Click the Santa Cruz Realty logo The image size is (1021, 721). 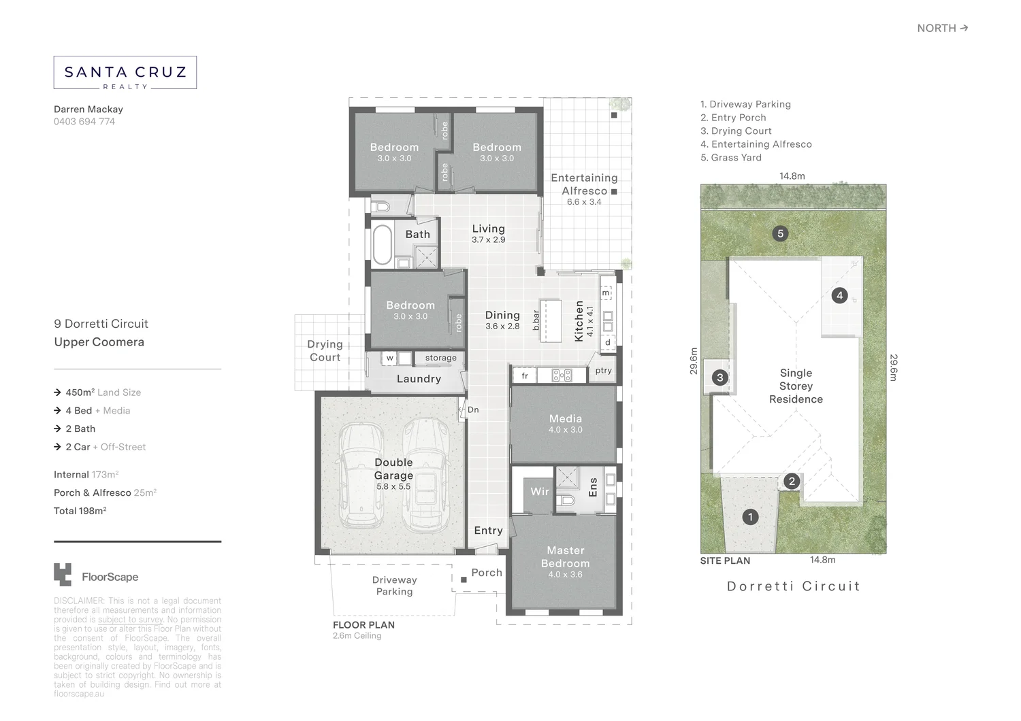click(125, 73)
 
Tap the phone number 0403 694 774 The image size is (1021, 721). click(84, 122)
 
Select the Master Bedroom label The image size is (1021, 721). click(565, 557)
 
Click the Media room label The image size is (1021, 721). click(565, 419)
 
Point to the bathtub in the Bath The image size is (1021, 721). click(382, 244)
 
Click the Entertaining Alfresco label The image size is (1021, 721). click(584, 184)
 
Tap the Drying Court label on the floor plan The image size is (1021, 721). click(325, 351)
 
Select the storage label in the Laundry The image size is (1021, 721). click(440, 358)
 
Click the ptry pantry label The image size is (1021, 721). click(603, 371)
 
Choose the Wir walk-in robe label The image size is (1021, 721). click(539, 491)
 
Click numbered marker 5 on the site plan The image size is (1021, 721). click(780, 234)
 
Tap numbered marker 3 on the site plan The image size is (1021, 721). click(719, 378)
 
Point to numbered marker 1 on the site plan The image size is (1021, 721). click(750, 517)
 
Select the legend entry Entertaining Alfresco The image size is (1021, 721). click(756, 144)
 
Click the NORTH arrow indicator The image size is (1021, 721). click(942, 28)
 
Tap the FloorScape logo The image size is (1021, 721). click(96, 575)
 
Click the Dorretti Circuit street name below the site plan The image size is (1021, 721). click(793, 586)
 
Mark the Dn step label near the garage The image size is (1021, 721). click(473, 410)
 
